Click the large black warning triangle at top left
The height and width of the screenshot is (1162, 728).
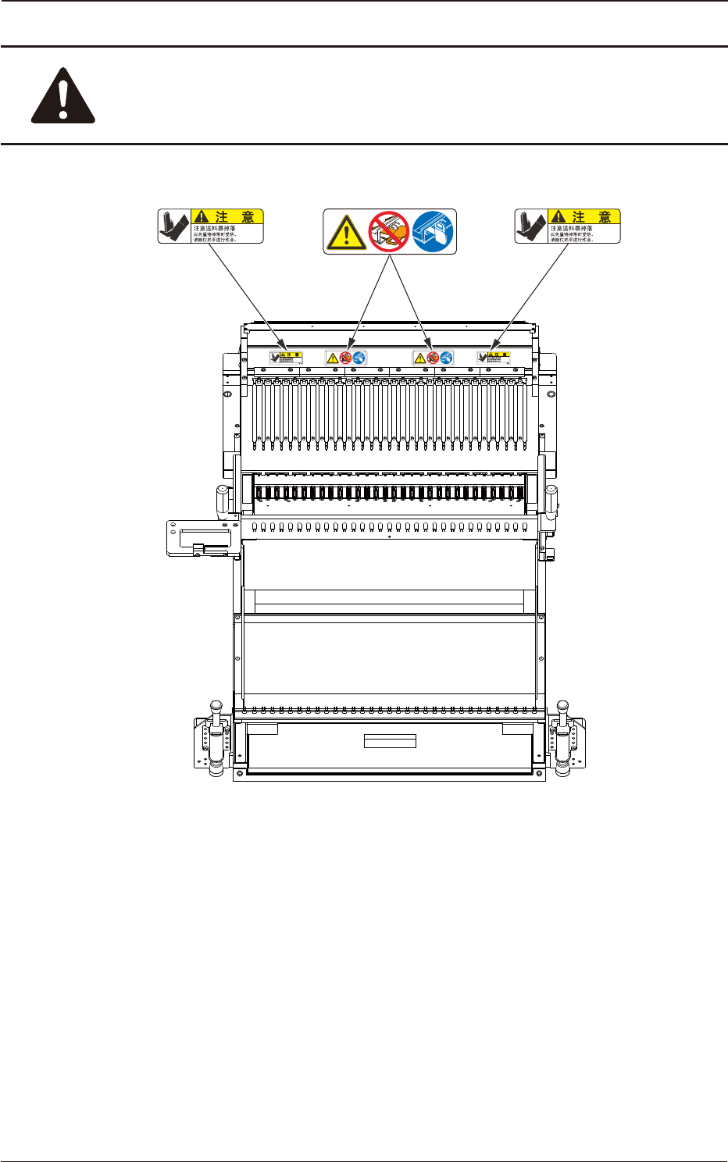(63, 96)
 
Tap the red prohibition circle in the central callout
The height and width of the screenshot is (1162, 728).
(389, 231)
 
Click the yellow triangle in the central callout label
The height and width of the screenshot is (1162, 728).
(345, 233)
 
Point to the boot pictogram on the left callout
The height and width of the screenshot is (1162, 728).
(174, 226)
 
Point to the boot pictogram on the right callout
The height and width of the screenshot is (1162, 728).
(531, 226)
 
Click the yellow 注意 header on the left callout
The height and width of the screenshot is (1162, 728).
(227, 216)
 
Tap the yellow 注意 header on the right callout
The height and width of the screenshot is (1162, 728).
(584, 216)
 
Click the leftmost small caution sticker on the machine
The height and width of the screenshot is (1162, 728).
(285, 358)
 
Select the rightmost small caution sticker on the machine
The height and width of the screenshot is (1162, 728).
(494, 358)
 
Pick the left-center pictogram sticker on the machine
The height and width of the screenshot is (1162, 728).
(346, 358)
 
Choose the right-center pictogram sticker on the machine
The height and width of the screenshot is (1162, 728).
(433, 358)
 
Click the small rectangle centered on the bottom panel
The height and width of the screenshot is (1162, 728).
(390, 741)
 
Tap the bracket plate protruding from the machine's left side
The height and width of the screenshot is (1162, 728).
(198, 538)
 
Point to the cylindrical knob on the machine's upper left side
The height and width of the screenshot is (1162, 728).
(222, 500)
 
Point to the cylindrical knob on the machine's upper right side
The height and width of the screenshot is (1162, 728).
(552, 500)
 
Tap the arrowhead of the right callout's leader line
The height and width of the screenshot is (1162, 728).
(492, 349)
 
